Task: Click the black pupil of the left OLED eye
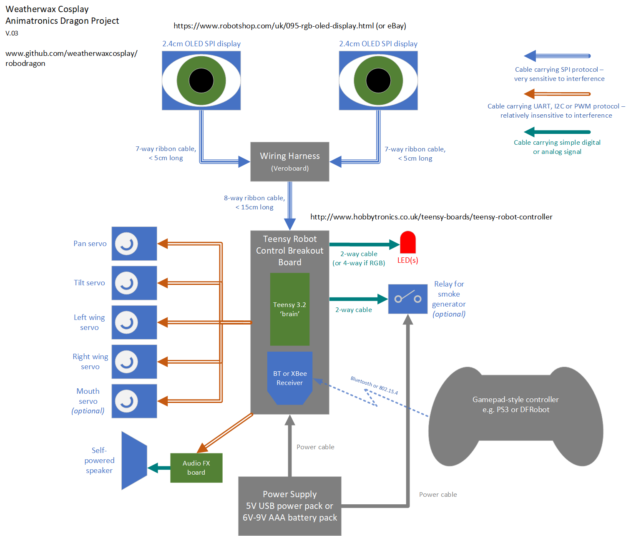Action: (x=201, y=81)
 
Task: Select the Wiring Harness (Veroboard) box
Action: (x=289, y=161)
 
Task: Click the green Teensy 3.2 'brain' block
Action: (x=289, y=309)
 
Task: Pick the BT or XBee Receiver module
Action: (x=289, y=377)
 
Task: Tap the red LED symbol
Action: (x=407, y=242)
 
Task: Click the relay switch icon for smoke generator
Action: (x=407, y=299)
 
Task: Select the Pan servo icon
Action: (x=134, y=244)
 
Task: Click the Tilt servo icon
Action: (x=134, y=283)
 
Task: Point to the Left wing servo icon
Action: (x=134, y=322)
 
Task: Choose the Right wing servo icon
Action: (x=134, y=362)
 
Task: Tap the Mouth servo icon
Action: (x=134, y=401)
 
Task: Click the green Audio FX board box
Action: (x=196, y=468)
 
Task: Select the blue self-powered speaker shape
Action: (x=134, y=461)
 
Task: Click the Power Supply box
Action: (x=289, y=506)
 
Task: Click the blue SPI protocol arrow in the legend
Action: (x=557, y=56)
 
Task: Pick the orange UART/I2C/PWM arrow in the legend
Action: (x=557, y=93)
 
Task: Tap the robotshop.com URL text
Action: (x=289, y=26)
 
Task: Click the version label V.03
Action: (x=12, y=33)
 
